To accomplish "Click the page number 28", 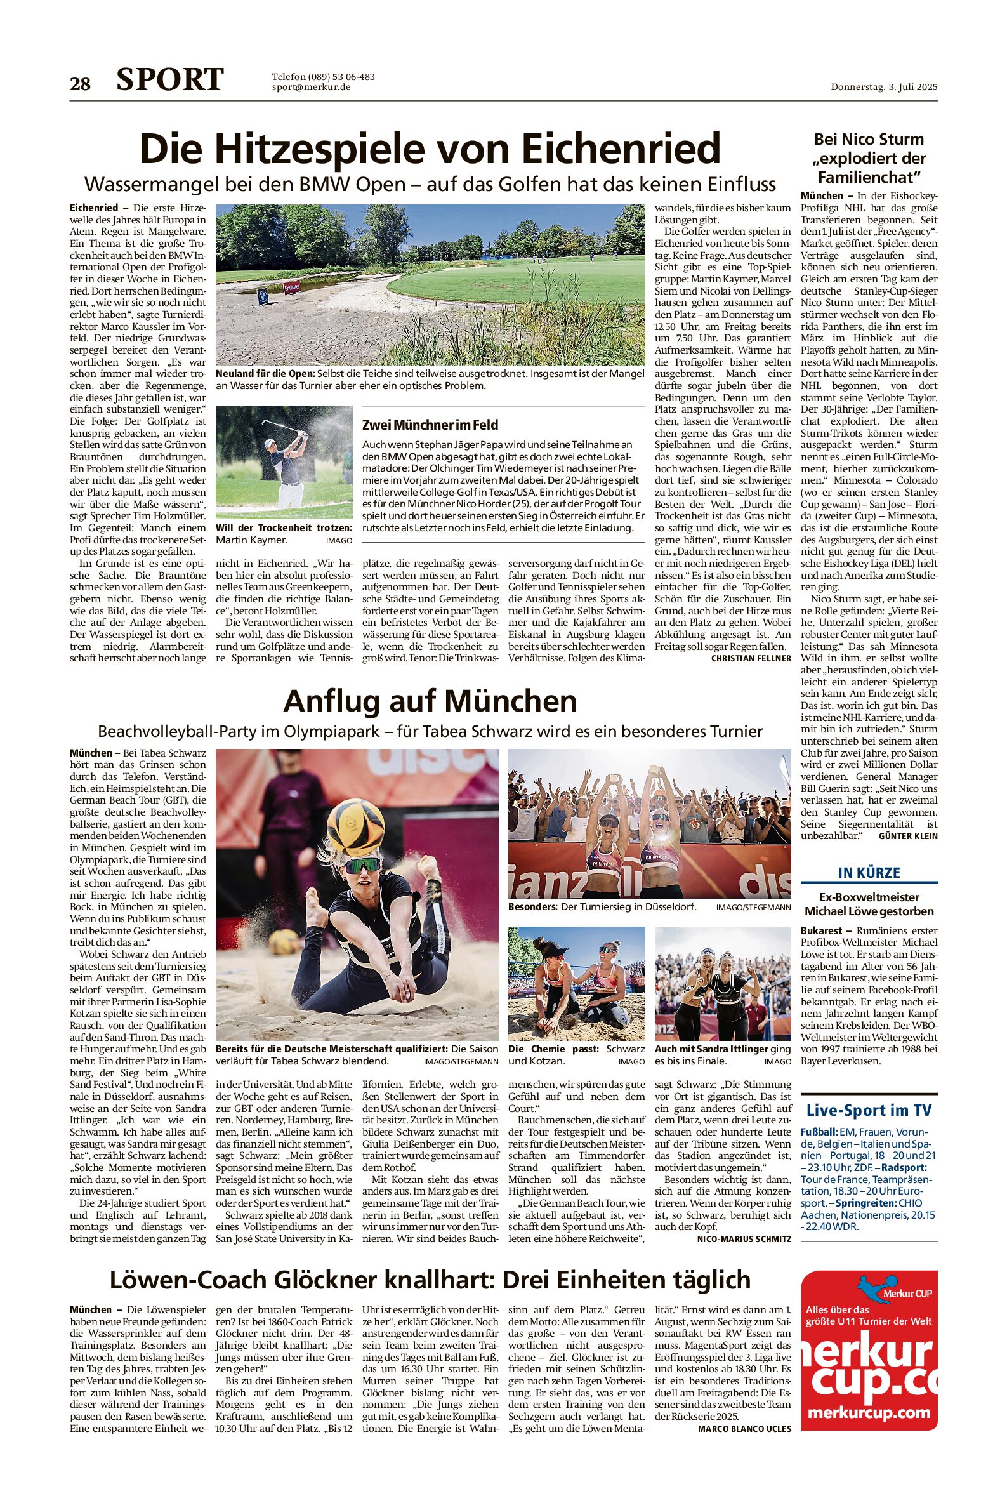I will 81,84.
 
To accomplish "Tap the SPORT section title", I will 169,80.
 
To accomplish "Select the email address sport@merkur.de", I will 311,88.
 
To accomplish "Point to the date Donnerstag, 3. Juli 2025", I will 884,87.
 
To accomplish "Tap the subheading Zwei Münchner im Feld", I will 430,425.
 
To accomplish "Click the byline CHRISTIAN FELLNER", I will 751,658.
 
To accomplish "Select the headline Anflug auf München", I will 430,701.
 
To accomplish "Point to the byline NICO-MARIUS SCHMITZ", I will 744,1238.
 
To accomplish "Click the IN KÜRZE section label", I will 869,872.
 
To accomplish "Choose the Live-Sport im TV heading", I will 869,1109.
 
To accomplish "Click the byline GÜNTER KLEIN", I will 907,836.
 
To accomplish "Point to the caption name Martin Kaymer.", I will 252,540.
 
